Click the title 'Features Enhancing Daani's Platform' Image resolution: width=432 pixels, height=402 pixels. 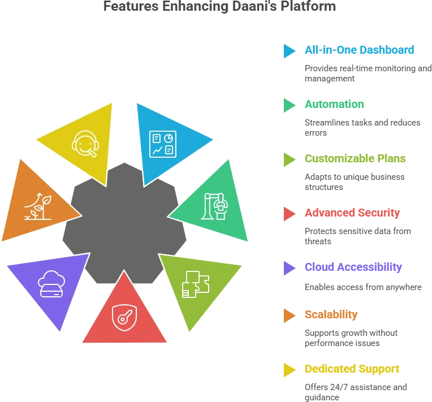point(219,6)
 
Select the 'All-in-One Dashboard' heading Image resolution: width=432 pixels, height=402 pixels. point(359,50)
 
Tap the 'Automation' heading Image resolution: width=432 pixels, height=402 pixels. point(334,104)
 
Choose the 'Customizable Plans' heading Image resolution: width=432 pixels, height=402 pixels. point(355,158)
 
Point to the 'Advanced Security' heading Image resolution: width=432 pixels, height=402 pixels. point(352,213)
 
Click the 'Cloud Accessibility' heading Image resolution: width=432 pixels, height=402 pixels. point(353,267)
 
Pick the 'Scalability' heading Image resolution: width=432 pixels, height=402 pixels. point(331,314)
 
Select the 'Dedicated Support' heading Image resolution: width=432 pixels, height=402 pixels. point(352,369)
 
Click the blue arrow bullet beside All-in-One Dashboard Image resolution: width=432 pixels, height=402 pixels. point(290,51)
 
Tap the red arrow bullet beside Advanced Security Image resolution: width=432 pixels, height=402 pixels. point(290,214)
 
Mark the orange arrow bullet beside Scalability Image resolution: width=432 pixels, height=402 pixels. point(290,315)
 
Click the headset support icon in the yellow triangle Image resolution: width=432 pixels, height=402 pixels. point(85,144)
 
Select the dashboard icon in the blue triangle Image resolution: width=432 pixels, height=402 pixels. point(162,144)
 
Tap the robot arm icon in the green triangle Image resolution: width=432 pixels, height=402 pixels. point(214,206)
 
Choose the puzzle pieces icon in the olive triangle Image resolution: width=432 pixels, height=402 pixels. point(196,284)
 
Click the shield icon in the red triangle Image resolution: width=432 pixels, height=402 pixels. point(124,317)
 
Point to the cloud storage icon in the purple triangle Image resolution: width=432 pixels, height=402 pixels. point(51,284)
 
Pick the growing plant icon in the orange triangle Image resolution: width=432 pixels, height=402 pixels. point(38,206)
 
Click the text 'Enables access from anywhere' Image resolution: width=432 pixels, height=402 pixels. point(363,287)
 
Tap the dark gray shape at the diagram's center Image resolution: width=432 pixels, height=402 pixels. point(124,223)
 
